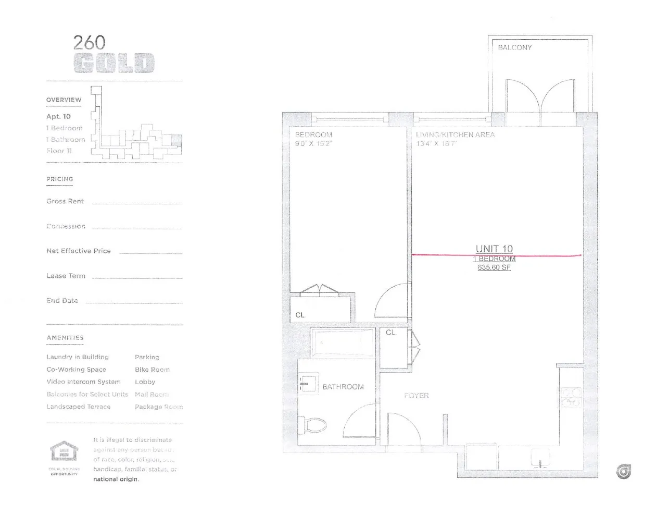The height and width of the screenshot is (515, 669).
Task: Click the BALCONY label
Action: pos(514,47)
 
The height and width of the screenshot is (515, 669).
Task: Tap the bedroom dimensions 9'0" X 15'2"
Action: pos(313,143)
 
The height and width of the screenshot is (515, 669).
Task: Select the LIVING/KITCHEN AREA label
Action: pos(455,134)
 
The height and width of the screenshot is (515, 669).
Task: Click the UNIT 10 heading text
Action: pos(494,249)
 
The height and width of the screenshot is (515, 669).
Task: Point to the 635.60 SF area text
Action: pos(494,267)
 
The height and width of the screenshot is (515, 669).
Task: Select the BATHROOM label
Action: pos(343,387)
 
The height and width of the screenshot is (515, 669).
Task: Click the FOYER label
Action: pos(416,396)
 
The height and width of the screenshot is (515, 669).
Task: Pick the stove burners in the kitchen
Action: pos(570,397)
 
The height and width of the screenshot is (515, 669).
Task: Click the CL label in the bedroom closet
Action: pos(300,315)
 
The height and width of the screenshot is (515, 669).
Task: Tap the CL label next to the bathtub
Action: pos(391,333)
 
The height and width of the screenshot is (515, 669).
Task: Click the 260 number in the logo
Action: pos(89,42)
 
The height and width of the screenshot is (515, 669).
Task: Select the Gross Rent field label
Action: pos(65,201)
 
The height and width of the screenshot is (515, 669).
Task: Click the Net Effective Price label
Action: pos(79,251)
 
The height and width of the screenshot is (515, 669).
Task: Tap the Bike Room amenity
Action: pos(152,370)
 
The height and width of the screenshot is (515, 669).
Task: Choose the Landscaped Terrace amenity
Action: pos(79,407)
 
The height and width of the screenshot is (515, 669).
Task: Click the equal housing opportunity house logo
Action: pos(64,451)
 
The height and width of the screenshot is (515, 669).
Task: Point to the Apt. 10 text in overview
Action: pos(58,116)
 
